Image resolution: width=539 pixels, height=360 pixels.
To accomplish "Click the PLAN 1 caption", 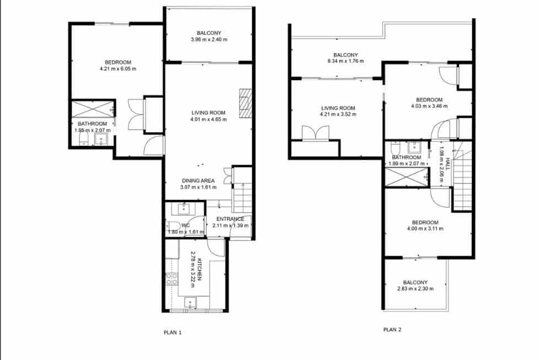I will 172,332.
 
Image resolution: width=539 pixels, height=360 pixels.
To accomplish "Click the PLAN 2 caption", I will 392,330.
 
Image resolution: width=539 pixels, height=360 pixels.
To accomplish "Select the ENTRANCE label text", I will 230,219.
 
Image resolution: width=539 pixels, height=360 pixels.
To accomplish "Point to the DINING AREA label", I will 199,181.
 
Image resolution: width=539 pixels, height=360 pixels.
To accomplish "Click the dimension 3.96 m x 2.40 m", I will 209,40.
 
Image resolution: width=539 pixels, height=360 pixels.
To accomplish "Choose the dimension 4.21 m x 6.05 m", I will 118,69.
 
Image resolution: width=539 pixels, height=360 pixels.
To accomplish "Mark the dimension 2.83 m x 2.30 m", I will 415,289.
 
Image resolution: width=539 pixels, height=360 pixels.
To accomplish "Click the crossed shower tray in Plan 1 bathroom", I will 93,108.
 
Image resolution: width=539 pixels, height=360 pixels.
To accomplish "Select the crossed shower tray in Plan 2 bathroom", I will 407,177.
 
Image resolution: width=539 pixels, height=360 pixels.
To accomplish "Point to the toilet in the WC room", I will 173,226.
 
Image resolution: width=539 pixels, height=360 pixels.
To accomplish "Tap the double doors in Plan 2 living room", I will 316,133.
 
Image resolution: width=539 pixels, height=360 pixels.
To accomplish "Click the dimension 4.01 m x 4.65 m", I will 209,119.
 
